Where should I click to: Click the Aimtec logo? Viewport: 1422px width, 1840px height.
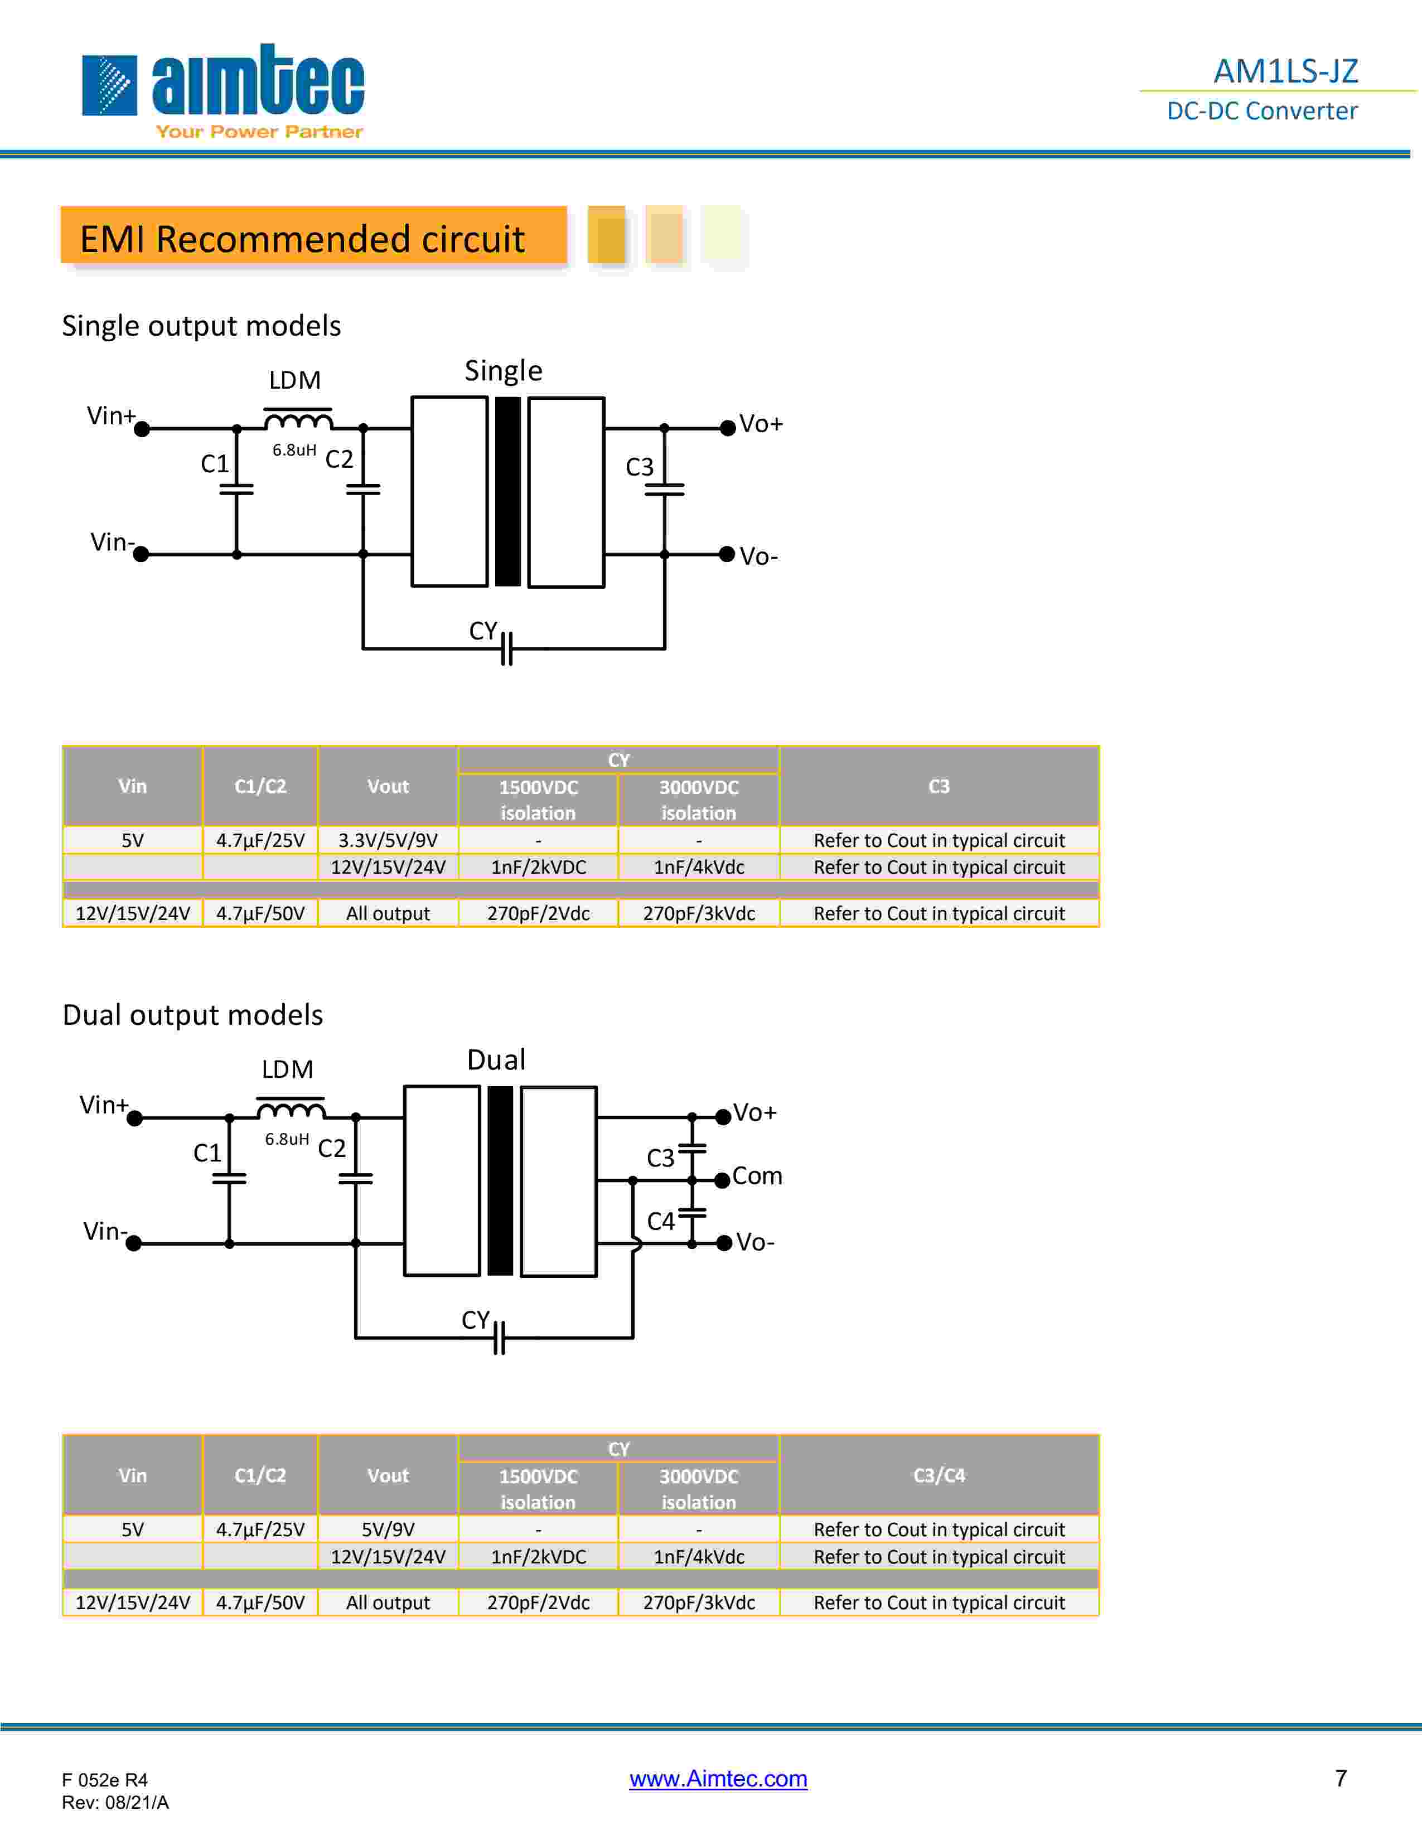point(223,89)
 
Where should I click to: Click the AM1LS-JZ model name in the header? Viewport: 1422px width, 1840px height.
point(1285,71)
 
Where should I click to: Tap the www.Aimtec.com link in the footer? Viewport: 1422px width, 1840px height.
point(718,1779)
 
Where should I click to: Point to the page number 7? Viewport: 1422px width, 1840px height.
point(1340,1778)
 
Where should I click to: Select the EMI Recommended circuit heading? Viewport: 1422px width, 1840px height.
point(302,239)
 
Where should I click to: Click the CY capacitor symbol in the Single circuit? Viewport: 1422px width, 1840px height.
point(506,648)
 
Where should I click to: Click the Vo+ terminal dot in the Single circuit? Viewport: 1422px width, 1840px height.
point(728,428)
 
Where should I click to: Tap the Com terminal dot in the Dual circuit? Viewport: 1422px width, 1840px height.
point(722,1180)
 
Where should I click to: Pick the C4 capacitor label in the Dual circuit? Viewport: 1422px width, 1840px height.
point(660,1221)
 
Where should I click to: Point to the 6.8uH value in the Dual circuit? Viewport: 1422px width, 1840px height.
point(287,1139)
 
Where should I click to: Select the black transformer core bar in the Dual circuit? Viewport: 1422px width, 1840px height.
point(500,1180)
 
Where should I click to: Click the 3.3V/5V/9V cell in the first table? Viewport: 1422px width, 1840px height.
point(388,840)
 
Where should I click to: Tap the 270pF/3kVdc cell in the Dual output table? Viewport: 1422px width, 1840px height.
point(698,1602)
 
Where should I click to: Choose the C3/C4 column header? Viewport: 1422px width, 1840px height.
point(939,1475)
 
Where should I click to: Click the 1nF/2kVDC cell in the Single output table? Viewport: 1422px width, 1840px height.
point(538,867)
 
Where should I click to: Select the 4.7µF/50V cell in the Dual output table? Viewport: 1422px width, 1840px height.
point(260,1602)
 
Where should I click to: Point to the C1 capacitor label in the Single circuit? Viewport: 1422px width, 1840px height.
point(214,463)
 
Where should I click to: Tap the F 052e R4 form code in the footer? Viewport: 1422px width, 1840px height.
point(104,1779)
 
